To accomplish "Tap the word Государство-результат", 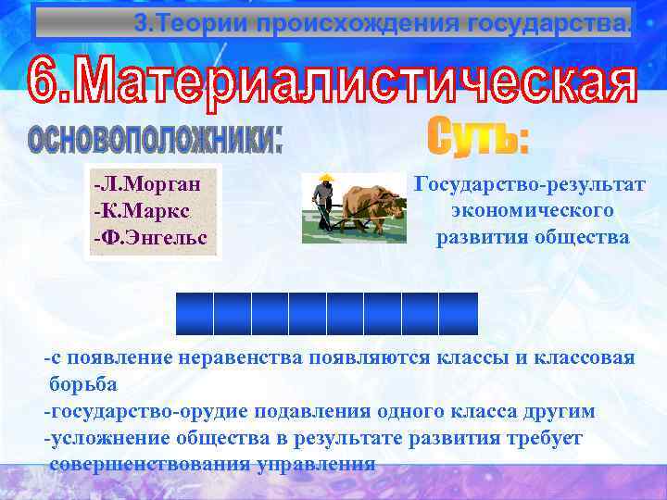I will (530, 183).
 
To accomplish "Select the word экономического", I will (532, 210).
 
